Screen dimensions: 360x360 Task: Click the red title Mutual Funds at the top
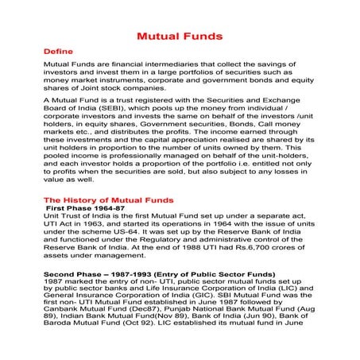180,37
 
